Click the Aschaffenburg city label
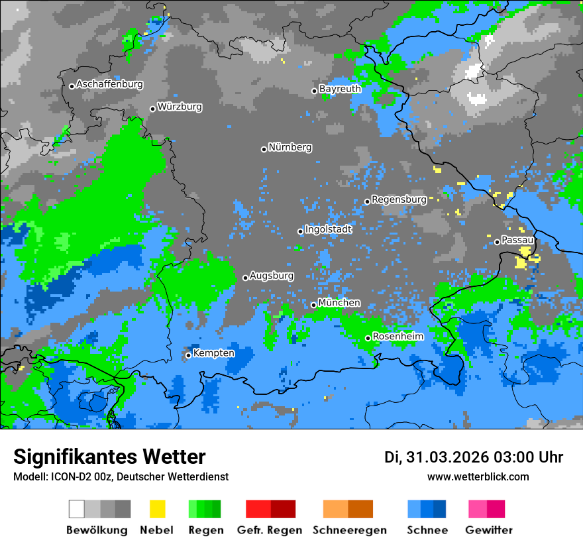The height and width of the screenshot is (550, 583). pos(109,85)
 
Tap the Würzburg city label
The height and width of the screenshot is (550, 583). pos(180,107)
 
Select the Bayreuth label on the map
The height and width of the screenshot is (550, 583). pos(340,89)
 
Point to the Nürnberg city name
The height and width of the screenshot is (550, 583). pos(290,148)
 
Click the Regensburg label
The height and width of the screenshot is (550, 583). pos(399,199)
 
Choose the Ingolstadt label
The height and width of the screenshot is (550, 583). pos(328,229)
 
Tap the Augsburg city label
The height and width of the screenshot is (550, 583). pos(272,276)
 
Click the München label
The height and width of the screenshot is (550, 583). pos(339,303)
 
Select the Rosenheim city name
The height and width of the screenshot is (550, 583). pos(397,337)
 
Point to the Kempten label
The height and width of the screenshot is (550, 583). pos(213,353)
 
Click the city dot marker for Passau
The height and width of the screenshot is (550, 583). pos(497,242)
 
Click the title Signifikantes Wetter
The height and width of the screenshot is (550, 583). pos(109,457)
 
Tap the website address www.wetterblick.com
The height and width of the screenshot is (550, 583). pos(478,477)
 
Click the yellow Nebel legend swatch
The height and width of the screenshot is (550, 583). pos(157,509)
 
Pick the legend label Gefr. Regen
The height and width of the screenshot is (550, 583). pos(270,530)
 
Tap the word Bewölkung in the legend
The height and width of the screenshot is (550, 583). pos(97,530)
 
